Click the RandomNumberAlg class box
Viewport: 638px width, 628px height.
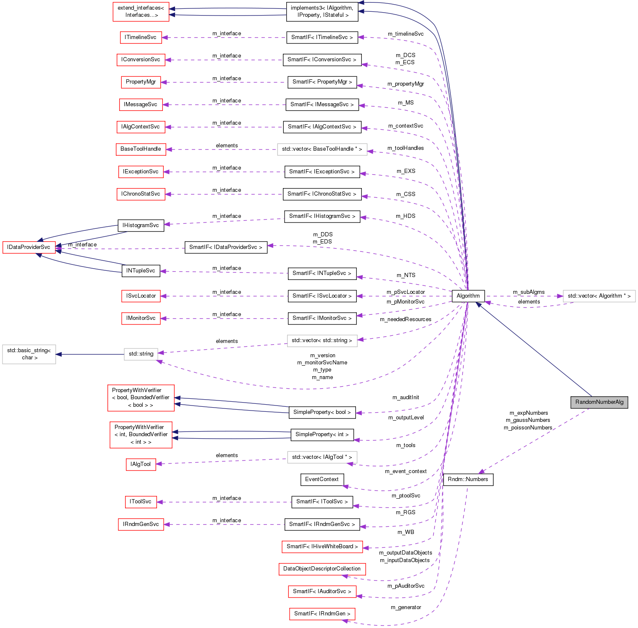click(599, 402)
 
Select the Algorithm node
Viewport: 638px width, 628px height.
click(468, 296)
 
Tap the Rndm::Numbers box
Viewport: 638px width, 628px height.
click(468, 479)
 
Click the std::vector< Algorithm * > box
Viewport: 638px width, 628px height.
click(599, 296)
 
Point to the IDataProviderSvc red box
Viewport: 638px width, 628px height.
click(29, 247)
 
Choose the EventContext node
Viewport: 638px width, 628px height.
click(322, 479)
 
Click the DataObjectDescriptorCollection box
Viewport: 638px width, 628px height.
click(322, 569)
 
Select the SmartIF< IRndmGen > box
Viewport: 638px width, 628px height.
click(322, 614)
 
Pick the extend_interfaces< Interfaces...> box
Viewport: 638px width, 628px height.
click(141, 11)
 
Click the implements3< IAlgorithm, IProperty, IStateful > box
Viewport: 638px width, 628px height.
click(322, 11)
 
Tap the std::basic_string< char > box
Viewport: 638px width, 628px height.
click(29, 354)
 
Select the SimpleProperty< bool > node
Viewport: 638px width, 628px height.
click(322, 412)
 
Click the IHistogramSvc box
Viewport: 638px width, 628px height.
click(141, 225)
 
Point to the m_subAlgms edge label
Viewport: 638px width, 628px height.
click(528, 292)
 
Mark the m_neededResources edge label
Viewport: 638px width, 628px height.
click(405, 319)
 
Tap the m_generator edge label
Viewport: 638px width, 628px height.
click(405, 607)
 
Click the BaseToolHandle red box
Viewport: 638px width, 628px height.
click(141, 149)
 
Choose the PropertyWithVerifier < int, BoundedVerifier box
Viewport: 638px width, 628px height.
click(141, 434)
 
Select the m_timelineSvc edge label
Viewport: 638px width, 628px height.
click(405, 34)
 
